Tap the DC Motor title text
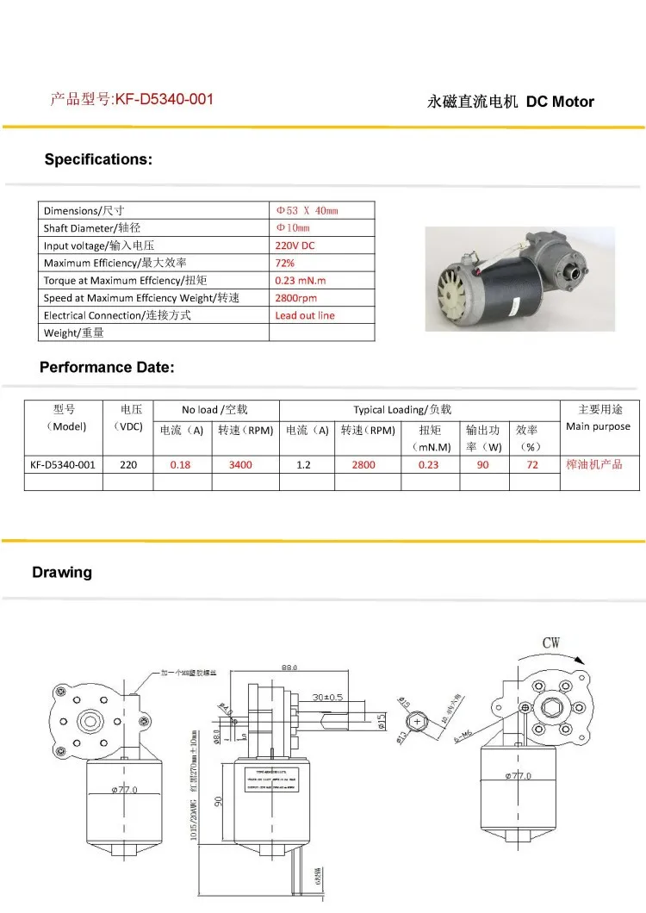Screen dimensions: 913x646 pyautogui.click(x=561, y=102)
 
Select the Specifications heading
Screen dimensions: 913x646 pyautogui.click(x=98, y=159)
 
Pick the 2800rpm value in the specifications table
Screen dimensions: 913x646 pyautogui.click(x=296, y=298)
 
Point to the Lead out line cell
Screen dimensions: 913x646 pyautogui.click(x=305, y=315)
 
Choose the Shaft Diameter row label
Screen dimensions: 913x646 pyautogui.click(x=92, y=228)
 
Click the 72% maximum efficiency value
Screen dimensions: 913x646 pyautogui.click(x=284, y=263)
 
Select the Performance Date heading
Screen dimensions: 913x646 pyautogui.click(x=107, y=368)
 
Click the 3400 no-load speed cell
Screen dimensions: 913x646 pyautogui.click(x=241, y=464)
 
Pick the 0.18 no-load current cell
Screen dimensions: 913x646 pyautogui.click(x=181, y=464)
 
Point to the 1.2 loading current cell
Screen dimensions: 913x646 pyautogui.click(x=303, y=464)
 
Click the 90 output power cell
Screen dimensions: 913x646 pyautogui.click(x=483, y=464)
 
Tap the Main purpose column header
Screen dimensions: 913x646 pyautogui.click(x=598, y=426)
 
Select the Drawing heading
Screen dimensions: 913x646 pyautogui.click(x=62, y=573)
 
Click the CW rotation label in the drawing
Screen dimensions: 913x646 pyautogui.click(x=551, y=643)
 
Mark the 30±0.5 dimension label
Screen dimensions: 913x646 pyautogui.click(x=328, y=697)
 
